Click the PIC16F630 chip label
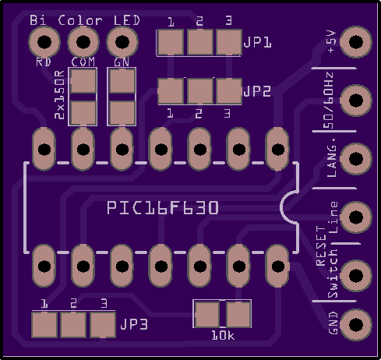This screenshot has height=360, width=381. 163,208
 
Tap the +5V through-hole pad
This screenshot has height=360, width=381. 356,41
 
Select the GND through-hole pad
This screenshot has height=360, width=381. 356,324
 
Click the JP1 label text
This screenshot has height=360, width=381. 257,42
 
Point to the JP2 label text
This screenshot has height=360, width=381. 257,91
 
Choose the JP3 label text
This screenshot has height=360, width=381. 134,324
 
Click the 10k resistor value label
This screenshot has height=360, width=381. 223,336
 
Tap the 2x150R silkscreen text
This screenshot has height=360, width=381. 59,95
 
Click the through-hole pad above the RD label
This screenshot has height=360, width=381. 44,42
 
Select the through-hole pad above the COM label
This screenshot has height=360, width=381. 83,42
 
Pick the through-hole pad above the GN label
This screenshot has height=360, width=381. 122,42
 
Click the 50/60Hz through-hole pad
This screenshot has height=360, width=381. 356,101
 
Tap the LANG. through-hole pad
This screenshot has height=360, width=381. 356,159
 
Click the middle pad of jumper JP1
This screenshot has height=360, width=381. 200,42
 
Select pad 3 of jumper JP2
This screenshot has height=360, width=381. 229,91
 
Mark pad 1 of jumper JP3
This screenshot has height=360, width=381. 44,325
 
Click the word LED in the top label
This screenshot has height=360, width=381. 127,20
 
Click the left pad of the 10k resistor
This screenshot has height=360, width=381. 207,314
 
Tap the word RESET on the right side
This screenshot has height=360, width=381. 321,245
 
